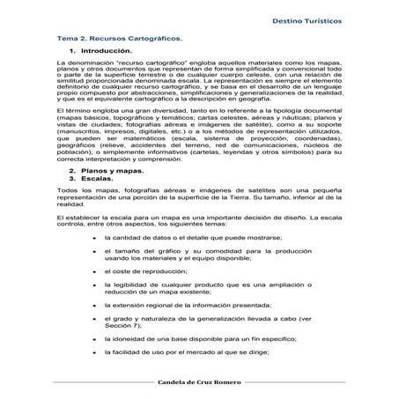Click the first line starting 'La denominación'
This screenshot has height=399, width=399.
coord(199,66)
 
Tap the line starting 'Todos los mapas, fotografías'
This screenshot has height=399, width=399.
coord(199,191)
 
